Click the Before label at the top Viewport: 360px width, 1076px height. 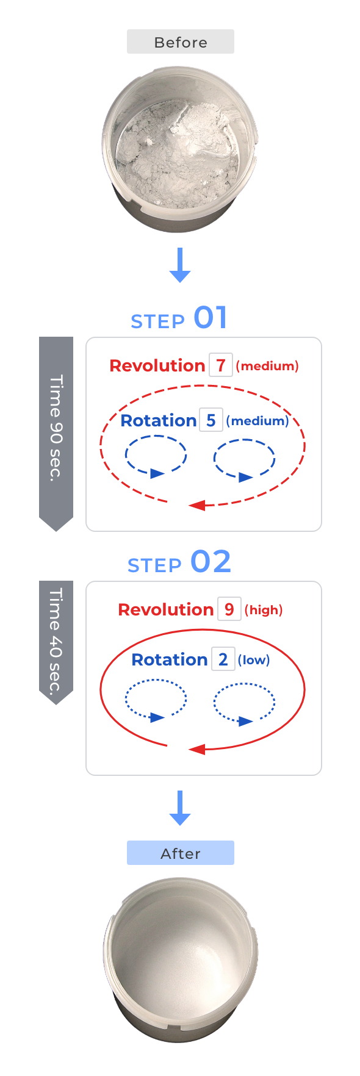tap(181, 42)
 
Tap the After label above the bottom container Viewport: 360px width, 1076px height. tap(181, 853)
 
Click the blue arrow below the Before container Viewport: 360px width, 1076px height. tap(180, 265)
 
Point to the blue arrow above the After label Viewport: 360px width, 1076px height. tap(180, 808)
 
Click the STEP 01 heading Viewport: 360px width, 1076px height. tap(179, 318)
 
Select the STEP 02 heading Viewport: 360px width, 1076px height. tap(179, 562)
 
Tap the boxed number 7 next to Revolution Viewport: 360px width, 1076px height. tap(221, 365)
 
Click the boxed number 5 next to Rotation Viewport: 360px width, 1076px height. tap(211, 420)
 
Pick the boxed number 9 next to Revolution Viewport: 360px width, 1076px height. tap(229, 609)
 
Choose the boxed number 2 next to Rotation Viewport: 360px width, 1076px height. tap(223, 659)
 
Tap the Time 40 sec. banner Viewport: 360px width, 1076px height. tap(56, 640)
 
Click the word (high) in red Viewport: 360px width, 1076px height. tap(264, 610)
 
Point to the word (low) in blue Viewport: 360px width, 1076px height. tap(254, 660)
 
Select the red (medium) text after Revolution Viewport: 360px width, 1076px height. tap(267, 366)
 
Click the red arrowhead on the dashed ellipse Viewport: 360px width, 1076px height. tap(196, 505)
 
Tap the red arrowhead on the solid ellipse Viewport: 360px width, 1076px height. tap(196, 749)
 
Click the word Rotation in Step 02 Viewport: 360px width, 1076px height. tap(170, 659)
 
